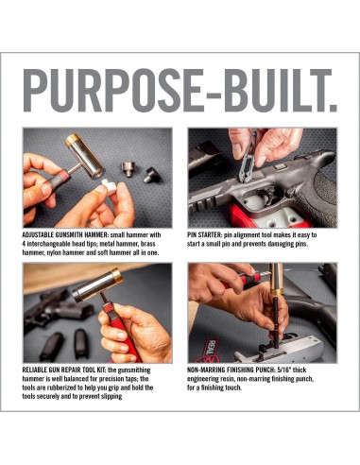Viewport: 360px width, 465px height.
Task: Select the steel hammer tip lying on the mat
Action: tap(129, 169)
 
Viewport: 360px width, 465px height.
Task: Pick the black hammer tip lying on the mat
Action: tap(151, 175)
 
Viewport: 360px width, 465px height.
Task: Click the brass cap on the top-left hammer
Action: tap(73, 140)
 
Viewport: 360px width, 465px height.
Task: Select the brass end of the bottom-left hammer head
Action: tap(116, 275)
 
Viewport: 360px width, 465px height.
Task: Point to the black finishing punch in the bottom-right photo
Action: tap(275, 321)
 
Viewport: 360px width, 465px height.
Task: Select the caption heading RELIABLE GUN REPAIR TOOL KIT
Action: tap(64, 370)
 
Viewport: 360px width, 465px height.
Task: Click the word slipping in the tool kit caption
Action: tap(111, 396)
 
